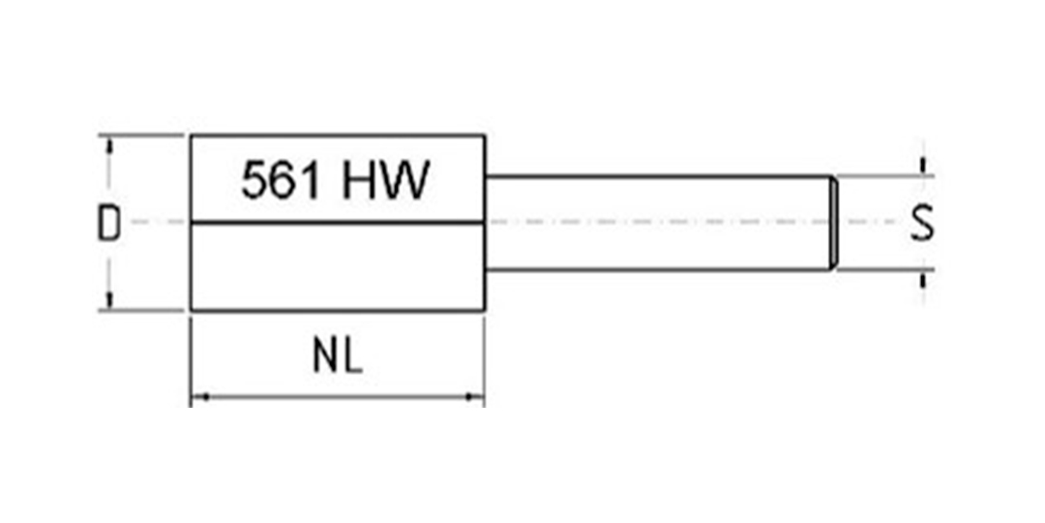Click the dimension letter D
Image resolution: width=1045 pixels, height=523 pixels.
coord(110,224)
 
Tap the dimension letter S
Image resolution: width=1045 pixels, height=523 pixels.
coord(922,224)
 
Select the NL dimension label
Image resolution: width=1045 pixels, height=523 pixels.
coord(337,357)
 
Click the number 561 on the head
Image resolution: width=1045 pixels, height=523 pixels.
coord(281,180)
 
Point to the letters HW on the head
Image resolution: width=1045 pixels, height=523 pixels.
coord(385,180)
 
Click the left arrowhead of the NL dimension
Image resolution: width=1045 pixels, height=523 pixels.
coord(198,395)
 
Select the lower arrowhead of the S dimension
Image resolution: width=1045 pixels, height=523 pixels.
coord(923,277)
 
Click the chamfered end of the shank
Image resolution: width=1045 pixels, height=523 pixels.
coord(832,223)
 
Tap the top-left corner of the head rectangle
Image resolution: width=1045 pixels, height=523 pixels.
coord(191,136)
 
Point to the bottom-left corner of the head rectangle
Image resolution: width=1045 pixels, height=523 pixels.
coord(191,310)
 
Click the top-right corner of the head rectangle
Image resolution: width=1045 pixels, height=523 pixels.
coord(484,136)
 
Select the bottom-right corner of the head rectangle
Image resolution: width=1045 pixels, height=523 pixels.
coord(484,310)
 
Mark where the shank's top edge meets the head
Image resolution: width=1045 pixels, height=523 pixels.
coord(485,176)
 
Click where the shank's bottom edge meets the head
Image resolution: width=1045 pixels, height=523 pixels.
coord(485,269)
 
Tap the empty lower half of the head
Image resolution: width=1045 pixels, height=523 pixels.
coord(337,267)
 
